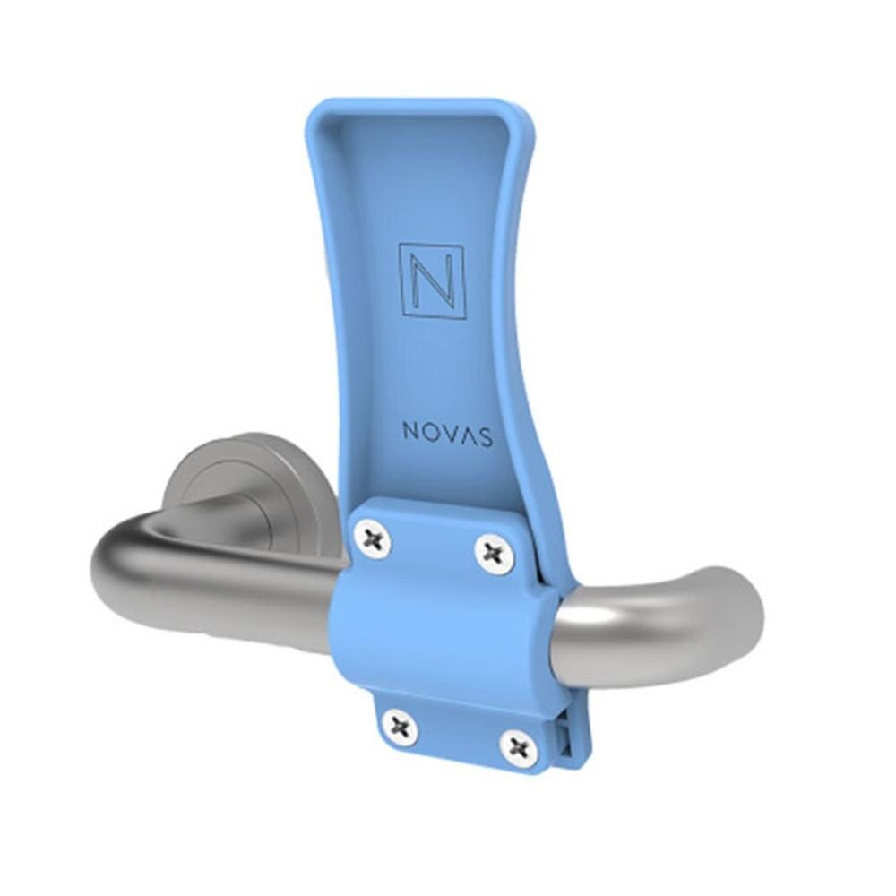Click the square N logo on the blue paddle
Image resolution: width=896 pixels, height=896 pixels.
[433, 281]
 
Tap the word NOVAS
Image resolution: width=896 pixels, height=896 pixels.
[447, 434]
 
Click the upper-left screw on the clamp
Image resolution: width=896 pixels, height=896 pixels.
[372, 538]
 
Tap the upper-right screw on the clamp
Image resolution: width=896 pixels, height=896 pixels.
[495, 553]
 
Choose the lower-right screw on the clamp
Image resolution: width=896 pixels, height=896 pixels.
[520, 747]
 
